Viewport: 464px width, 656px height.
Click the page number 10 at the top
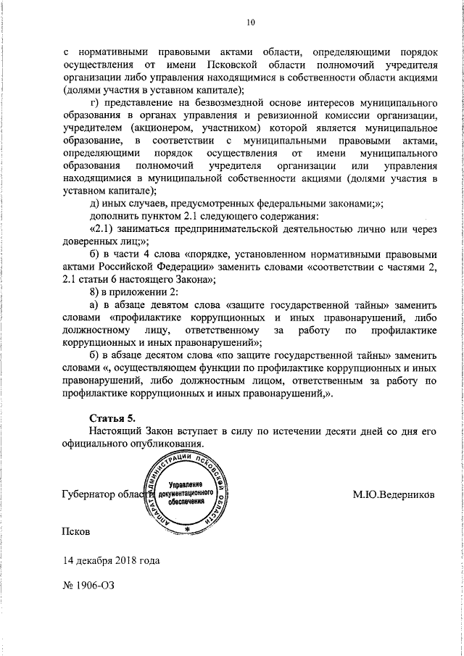(x=250, y=22)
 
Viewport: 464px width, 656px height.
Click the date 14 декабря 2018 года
(x=111, y=560)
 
